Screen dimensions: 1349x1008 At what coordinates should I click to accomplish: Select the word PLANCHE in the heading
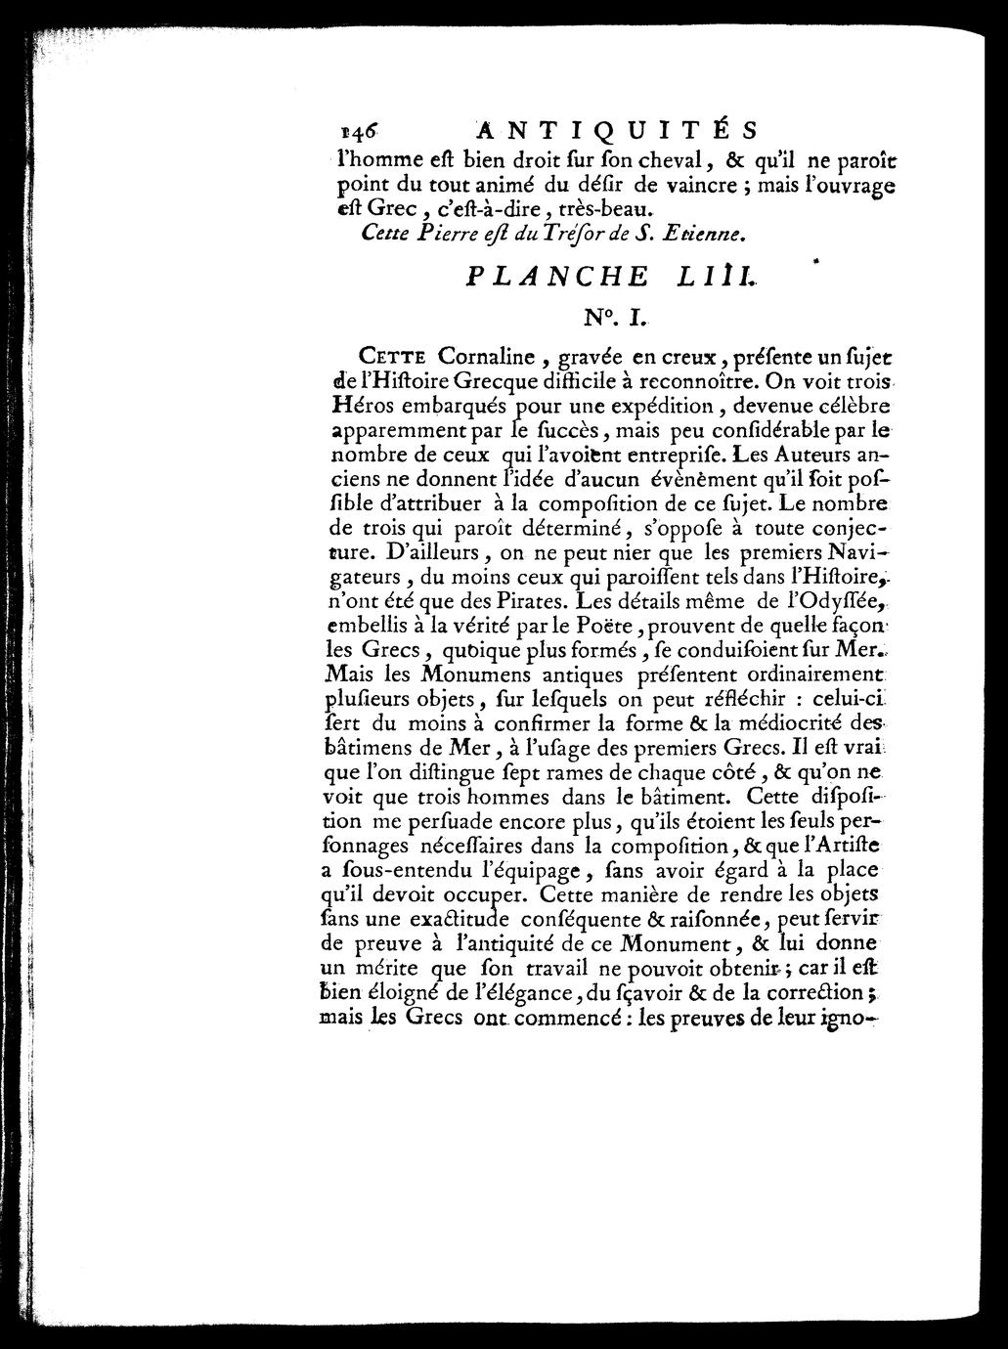point(556,276)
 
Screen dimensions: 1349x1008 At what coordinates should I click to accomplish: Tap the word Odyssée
point(842,598)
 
